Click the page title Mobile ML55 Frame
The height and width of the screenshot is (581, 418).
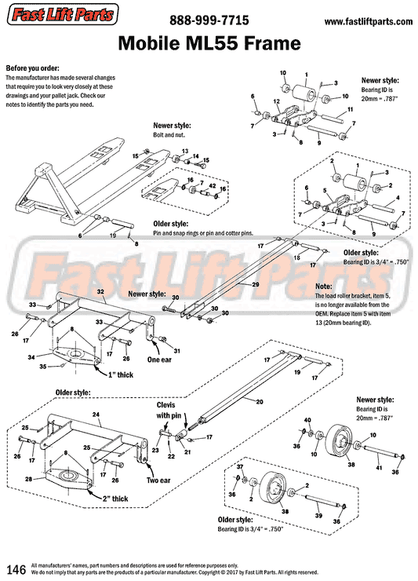pos(208,43)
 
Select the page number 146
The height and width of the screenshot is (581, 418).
pos(16,568)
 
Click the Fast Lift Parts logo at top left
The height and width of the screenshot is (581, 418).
pos(58,14)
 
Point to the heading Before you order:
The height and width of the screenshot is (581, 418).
pos(32,68)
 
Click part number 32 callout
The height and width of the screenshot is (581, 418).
pos(100,290)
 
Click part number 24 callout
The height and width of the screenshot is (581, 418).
pos(96,413)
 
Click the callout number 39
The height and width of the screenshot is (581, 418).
pos(318,516)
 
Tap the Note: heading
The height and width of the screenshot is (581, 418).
pos(323,287)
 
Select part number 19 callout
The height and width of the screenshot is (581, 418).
pos(113,235)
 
